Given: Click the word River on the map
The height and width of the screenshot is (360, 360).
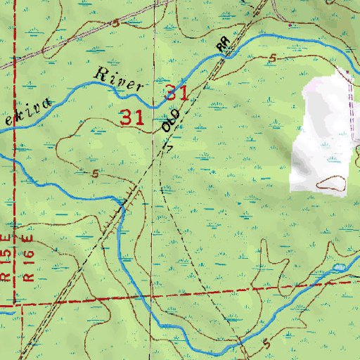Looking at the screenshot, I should tap(119, 78).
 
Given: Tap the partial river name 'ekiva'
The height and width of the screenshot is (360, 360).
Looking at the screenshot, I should tap(25, 110).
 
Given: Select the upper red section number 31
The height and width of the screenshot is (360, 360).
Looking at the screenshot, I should tap(176, 92).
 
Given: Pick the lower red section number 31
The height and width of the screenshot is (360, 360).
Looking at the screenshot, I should tap(132, 117).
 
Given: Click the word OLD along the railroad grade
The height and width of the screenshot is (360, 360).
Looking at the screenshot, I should tap(170, 122).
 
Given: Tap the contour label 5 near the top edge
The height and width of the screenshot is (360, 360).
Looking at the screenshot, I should tap(115, 23).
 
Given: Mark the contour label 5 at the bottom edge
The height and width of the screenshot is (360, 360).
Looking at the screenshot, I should tap(266, 344).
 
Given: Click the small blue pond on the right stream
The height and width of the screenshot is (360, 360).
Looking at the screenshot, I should tap(339, 269).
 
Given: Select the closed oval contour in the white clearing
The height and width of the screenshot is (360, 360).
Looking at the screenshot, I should tap(331, 184).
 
